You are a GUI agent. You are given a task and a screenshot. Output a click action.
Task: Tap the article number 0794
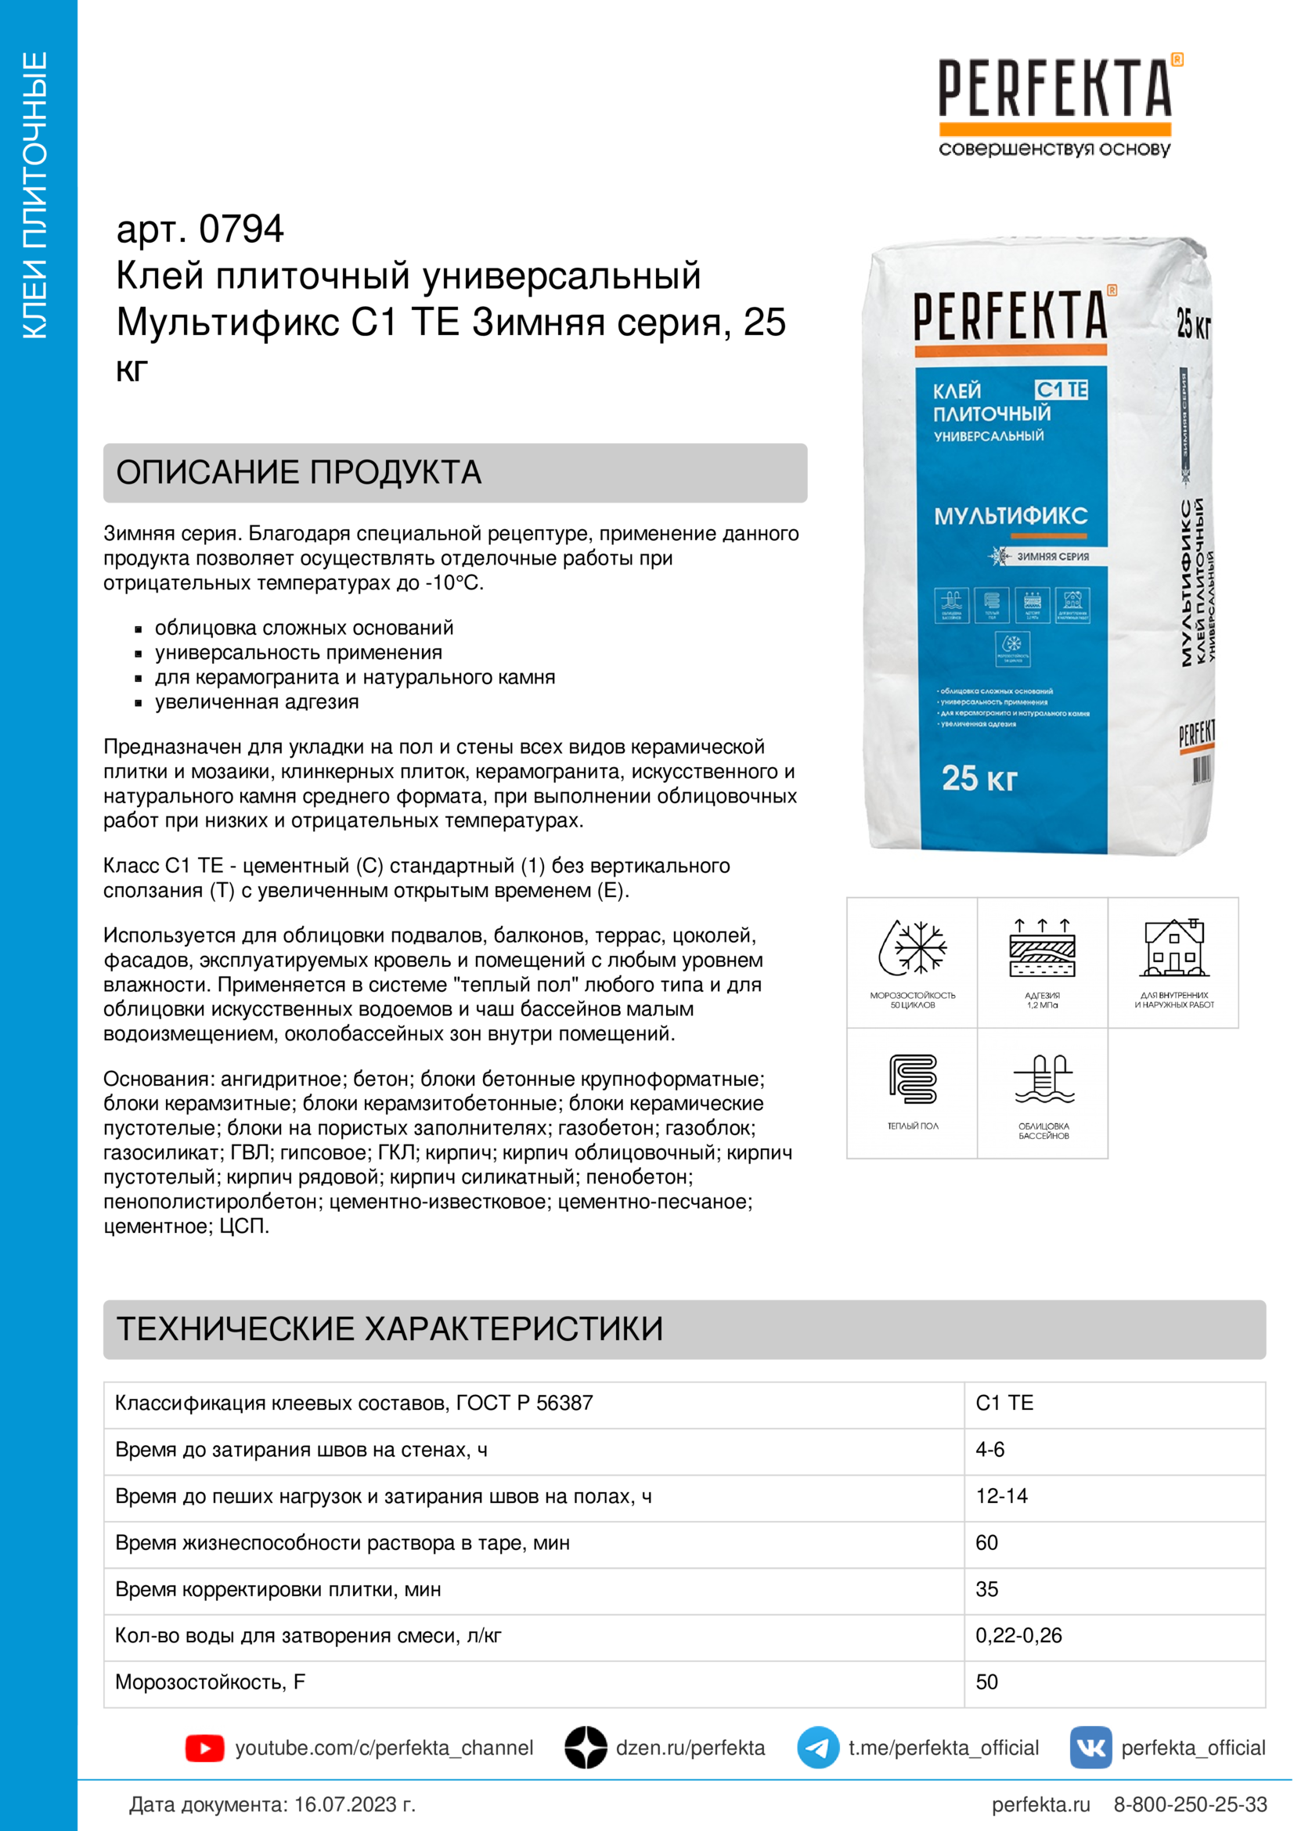click(x=241, y=229)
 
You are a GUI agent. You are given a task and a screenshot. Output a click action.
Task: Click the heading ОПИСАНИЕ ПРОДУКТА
click(x=299, y=472)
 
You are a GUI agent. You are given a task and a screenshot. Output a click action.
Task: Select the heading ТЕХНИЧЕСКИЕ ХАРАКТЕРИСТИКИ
click(x=389, y=1328)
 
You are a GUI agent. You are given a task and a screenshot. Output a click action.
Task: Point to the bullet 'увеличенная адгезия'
click(x=257, y=701)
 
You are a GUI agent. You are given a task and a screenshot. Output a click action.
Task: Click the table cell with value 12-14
click(x=1001, y=1496)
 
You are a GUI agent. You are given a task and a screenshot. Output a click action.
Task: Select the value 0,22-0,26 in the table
click(x=1018, y=1635)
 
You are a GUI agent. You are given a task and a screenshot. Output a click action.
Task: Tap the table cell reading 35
click(x=987, y=1588)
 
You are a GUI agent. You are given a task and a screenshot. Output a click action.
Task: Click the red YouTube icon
click(x=204, y=1748)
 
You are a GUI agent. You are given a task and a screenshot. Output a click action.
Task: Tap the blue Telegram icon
click(x=817, y=1748)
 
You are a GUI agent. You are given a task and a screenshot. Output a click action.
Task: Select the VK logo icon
click(x=1090, y=1748)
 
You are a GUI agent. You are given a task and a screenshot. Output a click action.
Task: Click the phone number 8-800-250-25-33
click(x=1190, y=1804)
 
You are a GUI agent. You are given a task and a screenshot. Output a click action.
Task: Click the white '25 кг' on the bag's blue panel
click(x=979, y=777)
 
